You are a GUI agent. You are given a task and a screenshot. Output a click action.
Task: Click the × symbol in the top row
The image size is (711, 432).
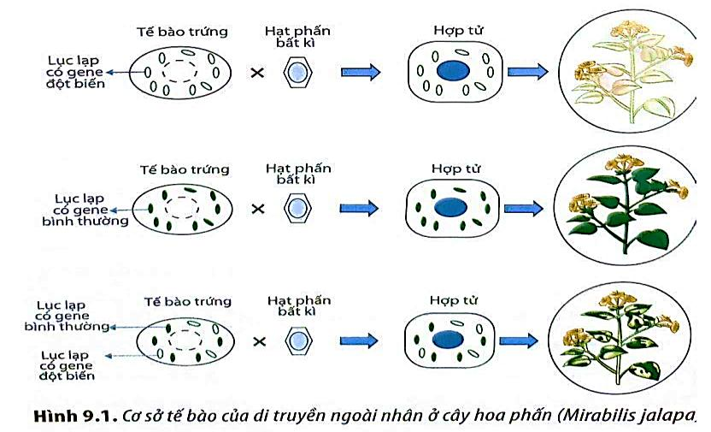pyautogui.click(x=257, y=72)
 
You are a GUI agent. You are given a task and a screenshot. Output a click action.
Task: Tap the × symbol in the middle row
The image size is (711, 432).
pyautogui.click(x=257, y=209)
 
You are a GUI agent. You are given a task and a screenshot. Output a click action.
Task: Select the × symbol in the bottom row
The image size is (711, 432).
pyautogui.click(x=259, y=341)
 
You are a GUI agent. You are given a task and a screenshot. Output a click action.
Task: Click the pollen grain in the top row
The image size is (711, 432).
pyautogui.click(x=297, y=72)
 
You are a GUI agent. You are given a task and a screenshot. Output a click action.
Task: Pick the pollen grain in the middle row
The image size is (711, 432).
pyautogui.click(x=297, y=208)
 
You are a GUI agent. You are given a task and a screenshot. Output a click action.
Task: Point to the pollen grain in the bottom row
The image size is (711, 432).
pyautogui.click(x=298, y=340)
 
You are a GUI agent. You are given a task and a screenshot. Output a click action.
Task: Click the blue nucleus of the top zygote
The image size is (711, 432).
pyautogui.click(x=453, y=71)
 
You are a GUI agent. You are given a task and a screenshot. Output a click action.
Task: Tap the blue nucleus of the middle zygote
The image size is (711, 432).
pyautogui.click(x=450, y=207)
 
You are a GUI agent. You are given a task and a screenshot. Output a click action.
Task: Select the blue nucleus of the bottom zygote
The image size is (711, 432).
pyautogui.click(x=448, y=340)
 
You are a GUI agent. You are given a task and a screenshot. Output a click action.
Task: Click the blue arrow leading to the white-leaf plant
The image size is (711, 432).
pyautogui.click(x=528, y=72)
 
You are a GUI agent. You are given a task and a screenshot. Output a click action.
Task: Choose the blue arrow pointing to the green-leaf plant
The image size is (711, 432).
pyautogui.click(x=524, y=208)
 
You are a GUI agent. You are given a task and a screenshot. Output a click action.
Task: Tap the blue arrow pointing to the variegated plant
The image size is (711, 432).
pyautogui.click(x=519, y=340)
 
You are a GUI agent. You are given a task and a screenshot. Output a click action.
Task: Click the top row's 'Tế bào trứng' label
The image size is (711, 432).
pyautogui.click(x=182, y=32)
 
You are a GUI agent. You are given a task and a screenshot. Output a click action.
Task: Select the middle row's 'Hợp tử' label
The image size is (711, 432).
pyautogui.click(x=455, y=169)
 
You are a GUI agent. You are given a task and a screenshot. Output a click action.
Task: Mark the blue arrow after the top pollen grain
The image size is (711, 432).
pyautogui.click(x=361, y=72)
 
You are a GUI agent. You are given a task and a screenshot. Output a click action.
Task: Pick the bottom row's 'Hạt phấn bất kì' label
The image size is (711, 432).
pyautogui.click(x=299, y=305)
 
